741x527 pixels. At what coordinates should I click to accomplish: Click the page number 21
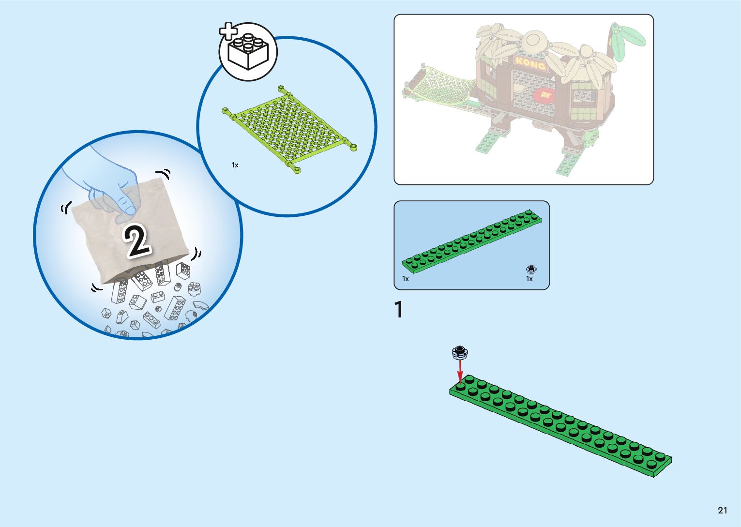tap(722, 510)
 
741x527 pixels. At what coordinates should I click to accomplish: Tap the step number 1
tap(399, 310)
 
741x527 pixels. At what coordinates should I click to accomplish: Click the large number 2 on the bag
tap(137, 241)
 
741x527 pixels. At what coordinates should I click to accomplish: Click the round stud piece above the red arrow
tap(460, 352)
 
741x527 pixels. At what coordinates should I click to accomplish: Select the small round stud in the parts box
tap(531, 270)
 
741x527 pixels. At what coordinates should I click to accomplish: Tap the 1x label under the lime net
tap(235, 165)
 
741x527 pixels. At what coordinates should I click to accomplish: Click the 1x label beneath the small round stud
tap(529, 279)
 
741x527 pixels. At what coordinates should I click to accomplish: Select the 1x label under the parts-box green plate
tap(406, 279)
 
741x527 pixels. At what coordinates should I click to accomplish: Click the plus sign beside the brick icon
tap(228, 31)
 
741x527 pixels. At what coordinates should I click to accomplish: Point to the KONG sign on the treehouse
tap(530, 63)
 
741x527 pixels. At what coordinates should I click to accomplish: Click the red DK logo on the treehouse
tap(546, 94)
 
